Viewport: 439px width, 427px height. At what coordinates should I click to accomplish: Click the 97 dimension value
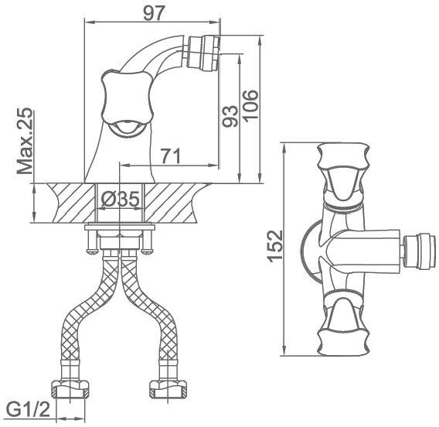click(x=153, y=13)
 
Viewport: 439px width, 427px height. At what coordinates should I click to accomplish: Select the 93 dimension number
click(x=230, y=116)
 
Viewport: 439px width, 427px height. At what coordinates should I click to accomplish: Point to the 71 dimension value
click(x=171, y=156)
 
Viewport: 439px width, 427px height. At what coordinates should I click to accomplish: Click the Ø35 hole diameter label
click(x=120, y=200)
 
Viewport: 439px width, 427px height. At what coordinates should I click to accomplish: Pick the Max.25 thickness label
click(x=25, y=141)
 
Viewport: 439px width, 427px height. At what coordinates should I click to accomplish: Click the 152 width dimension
click(x=275, y=246)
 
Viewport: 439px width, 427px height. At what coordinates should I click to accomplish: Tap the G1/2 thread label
click(x=28, y=410)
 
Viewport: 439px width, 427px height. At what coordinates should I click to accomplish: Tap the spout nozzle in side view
click(x=202, y=53)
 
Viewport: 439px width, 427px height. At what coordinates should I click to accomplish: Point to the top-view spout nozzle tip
click(x=419, y=251)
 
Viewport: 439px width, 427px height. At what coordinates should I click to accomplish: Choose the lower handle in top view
click(x=343, y=326)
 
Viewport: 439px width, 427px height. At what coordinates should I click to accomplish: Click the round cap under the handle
click(x=127, y=129)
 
